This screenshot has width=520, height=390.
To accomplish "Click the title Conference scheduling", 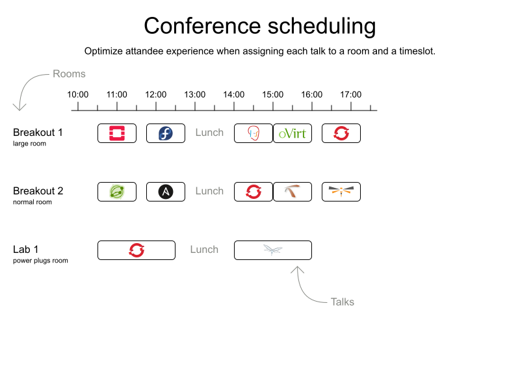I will coord(260,27).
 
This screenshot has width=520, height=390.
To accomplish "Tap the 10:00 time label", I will coord(78,95).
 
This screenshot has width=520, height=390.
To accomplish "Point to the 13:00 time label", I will coord(195,95).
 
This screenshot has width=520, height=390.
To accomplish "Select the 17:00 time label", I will coord(351,95).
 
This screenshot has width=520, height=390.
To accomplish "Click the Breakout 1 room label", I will coord(38,133).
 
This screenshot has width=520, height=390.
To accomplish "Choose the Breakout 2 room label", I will coord(38,191).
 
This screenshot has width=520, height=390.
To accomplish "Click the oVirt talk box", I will coord(292,133).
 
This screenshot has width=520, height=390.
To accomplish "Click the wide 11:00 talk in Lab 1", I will coord(136,250).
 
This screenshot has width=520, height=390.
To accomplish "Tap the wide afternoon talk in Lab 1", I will coord(273,250).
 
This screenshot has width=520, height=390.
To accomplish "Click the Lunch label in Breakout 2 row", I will coord(209,191).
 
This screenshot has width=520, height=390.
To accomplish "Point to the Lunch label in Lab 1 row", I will coord(204,250).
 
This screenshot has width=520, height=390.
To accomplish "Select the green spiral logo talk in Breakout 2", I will coord(117,192).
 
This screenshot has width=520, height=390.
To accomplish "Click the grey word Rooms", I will coord(69,74).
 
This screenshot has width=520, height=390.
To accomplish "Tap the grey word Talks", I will coord(343,302).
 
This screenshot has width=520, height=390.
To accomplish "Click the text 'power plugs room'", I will coord(40,261).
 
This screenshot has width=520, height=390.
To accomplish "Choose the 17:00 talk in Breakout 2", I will coord(341,192).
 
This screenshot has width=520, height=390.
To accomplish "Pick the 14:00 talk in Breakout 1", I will coord(253,133).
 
